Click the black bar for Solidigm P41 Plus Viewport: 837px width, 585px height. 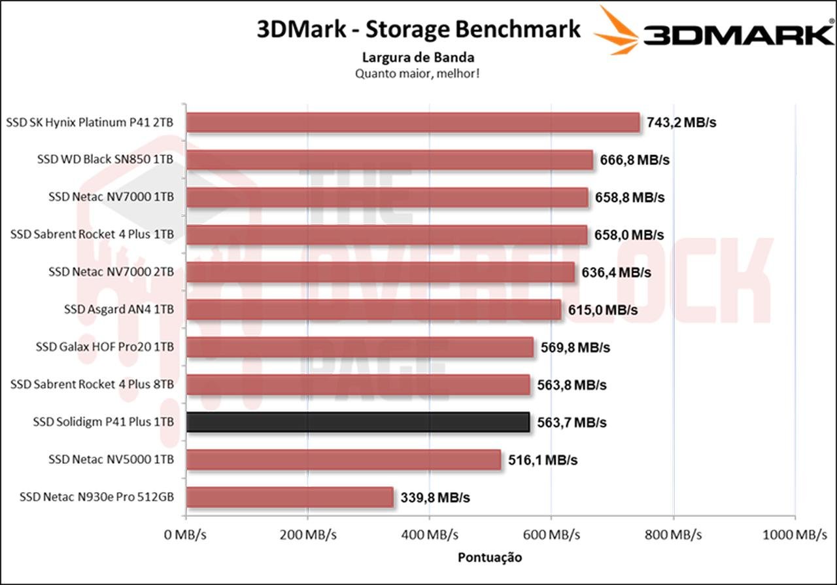[358, 422]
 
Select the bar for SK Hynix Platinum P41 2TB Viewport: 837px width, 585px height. [413, 122]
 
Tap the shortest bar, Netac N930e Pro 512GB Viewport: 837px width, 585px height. [290, 497]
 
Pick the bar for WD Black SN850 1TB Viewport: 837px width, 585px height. [390, 160]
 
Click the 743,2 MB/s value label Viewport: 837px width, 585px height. [681, 122]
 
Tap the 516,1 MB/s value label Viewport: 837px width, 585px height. [543, 460]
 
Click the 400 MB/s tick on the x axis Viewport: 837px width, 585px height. [429, 535]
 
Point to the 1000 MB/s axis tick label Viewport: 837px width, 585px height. [795, 535]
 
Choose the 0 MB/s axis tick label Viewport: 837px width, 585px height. [186, 535]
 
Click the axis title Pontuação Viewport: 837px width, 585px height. [490, 558]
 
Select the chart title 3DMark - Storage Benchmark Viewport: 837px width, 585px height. [418, 29]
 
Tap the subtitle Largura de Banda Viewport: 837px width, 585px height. [418, 58]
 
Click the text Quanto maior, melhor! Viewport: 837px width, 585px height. [418, 73]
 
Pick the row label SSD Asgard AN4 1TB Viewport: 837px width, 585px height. [119, 310]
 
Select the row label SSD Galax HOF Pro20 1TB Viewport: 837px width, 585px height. [105, 347]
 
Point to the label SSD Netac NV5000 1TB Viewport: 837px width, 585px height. [111, 459]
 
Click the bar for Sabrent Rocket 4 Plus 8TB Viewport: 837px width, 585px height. [358, 385]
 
